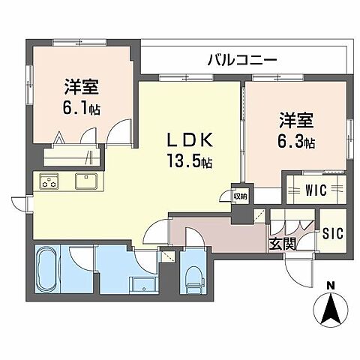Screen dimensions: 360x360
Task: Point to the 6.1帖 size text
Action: pos(81,107)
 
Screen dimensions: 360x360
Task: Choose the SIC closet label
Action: pos(332,233)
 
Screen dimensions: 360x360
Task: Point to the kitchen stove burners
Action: pos(50,181)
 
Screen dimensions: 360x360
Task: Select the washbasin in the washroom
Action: pos(142,285)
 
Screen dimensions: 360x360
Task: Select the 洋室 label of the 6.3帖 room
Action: pos(295,119)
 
